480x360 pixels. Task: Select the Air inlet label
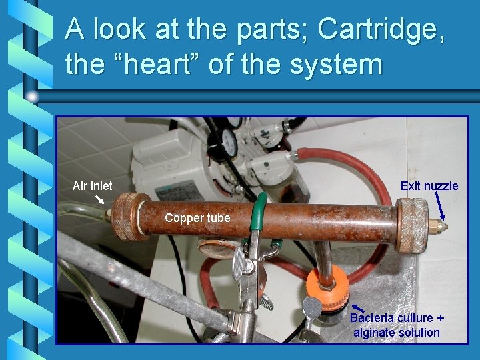pyautogui.click(x=92, y=186)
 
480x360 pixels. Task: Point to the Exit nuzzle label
pyautogui.click(x=429, y=186)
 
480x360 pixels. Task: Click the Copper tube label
pyautogui.click(x=197, y=218)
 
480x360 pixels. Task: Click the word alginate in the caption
pyautogui.click(x=373, y=332)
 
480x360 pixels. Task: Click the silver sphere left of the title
pyautogui.click(x=33, y=97)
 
